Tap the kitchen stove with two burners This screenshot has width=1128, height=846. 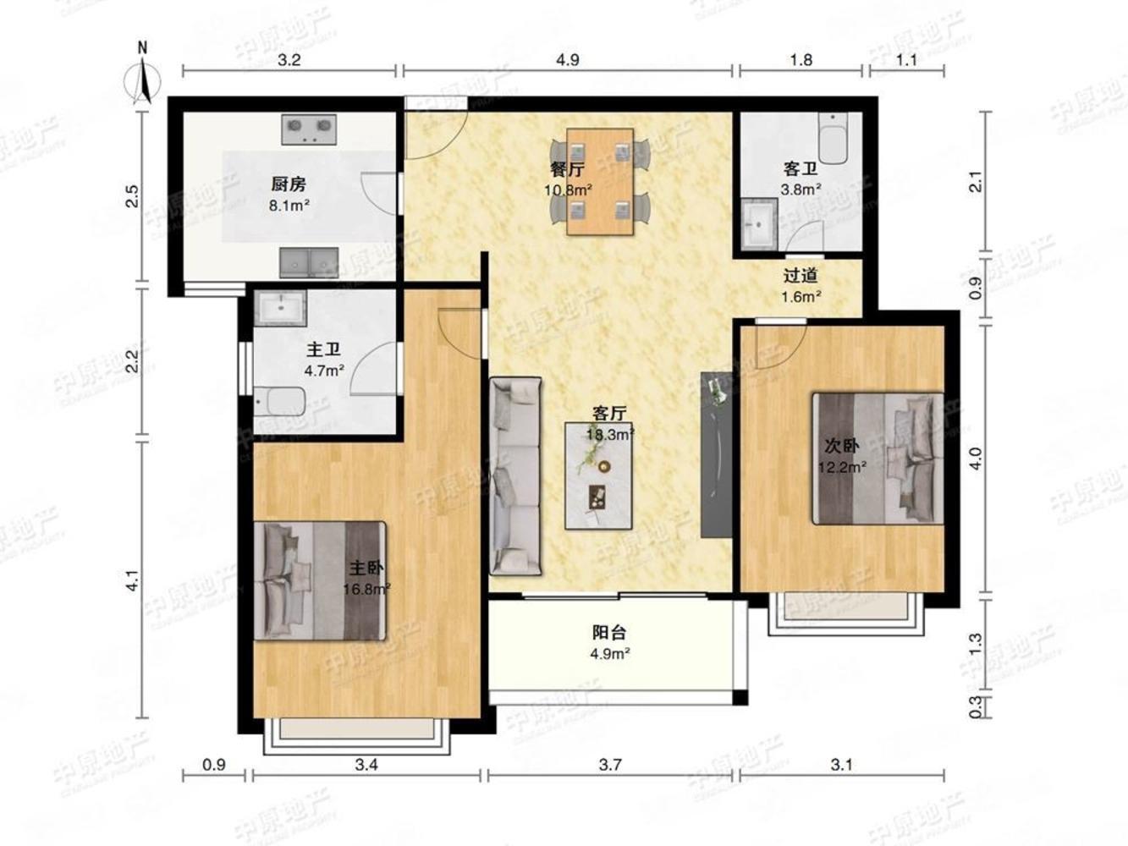pyautogui.click(x=309, y=129)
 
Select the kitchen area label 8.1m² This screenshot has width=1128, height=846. pyautogui.click(x=289, y=206)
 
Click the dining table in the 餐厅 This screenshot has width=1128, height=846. pyautogui.click(x=600, y=182)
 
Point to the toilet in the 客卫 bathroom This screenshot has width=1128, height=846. pyautogui.click(x=833, y=138)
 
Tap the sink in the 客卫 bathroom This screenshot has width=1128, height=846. pyautogui.click(x=758, y=224)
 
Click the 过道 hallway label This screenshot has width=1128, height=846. pyautogui.click(x=801, y=276)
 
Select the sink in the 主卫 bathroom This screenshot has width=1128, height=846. pyautogui.click(x=281, y=308)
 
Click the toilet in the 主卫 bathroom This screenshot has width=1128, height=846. pyautogui.click(x=280, y=402)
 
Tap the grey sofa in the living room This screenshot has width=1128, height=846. pyautogui.click(x=515, y=475)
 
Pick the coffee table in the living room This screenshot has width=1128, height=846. pyautogui.click(x=598, y=475)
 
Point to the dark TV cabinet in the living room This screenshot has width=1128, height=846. pyautogui.click(x=717, y=454)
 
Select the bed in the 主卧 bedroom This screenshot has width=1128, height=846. pyautogui.click(x=320, y=581)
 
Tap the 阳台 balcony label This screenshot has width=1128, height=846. pyautogui.click(x=609, y=632)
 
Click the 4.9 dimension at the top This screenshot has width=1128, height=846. pyautogui.click(x=567, y=60)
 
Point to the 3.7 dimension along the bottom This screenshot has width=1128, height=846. pyautogui.click(x=610, y=765)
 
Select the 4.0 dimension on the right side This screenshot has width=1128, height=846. pyautogui.click(x=976, y=459)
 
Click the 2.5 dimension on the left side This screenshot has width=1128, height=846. pyautogui.click(x=133, y=195)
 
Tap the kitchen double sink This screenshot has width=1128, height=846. pyautogui.click(x=310, y=262)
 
